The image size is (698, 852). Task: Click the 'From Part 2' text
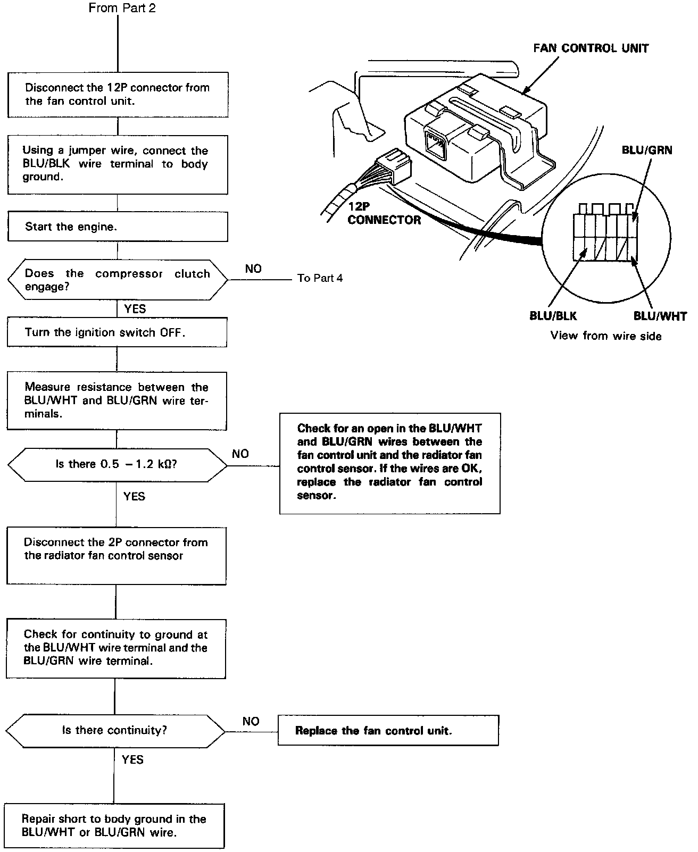coord(122,9)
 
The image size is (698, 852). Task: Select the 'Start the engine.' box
coord(118,227)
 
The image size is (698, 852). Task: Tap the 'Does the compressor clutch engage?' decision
coord(118,280)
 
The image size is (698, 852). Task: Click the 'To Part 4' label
coord(320,278)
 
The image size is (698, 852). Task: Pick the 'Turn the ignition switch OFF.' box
coord(117,332)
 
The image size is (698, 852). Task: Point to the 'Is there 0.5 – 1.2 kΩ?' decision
coord(117,464)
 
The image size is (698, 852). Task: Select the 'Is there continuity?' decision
coord(115,730)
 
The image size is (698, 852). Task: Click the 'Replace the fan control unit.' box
coord(388,730)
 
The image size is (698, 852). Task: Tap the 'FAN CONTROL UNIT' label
coord(591,48)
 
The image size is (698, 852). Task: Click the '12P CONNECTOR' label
coord(384,213)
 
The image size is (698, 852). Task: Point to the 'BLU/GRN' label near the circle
coord(646,151)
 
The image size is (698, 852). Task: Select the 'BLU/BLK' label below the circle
coord(553,316)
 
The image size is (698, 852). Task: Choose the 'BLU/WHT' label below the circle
coord(660,316)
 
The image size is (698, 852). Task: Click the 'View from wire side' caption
coord(605,336)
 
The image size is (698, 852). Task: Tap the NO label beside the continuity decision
coord(251,721)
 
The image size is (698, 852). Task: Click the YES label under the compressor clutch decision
coord(135,309)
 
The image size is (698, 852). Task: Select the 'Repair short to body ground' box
coord(114,825)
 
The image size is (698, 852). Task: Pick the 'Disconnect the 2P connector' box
coord(116,556)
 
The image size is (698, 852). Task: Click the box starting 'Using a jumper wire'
coord(118,164)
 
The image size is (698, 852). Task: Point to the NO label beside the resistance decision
coord(240,454)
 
